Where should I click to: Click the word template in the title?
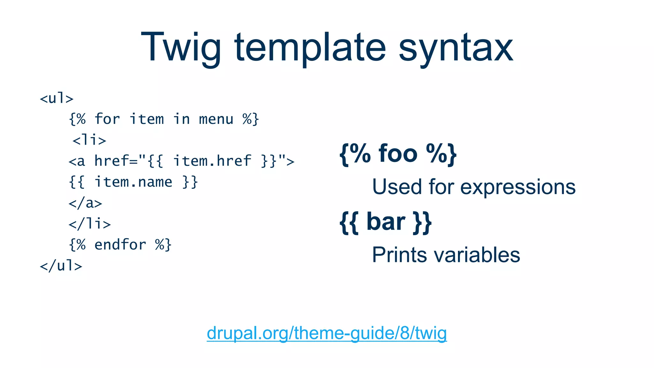310,48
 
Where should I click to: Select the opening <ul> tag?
57,98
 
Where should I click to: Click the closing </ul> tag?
61,266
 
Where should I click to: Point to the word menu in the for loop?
216,119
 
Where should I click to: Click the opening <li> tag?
89,140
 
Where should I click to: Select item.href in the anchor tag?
212,161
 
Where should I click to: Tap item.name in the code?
133,182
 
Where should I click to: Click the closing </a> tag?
85,203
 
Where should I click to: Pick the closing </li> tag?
90,224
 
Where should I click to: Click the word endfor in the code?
120,245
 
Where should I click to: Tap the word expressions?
518,187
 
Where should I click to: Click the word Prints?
399,255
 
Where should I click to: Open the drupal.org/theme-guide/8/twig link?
326,333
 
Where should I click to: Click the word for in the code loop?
107,119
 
